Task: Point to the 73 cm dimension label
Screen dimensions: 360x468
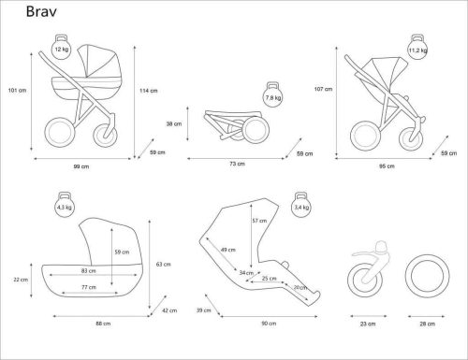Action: coord(238,163)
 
